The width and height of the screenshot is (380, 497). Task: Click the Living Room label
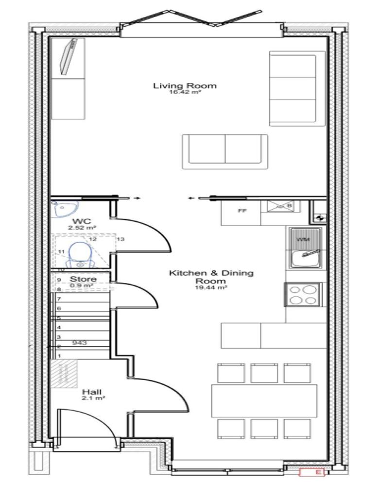tap(185, 86)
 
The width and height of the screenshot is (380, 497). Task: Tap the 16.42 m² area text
tap(185, 93)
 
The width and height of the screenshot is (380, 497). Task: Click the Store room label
tap(83, 280)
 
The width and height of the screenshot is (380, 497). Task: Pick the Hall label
tap(91, 392)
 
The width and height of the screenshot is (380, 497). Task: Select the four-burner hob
tap(303, 294)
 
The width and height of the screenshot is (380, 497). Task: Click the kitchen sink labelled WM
tap(303, 248)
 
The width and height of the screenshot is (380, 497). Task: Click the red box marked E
tap(312, 472)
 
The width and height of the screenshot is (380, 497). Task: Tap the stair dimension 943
tap(79, 343)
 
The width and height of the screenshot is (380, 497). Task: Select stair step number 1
tap(59, 356)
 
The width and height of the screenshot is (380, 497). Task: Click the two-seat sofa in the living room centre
tap(225, 151)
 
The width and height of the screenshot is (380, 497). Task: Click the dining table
tap(264, 401)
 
